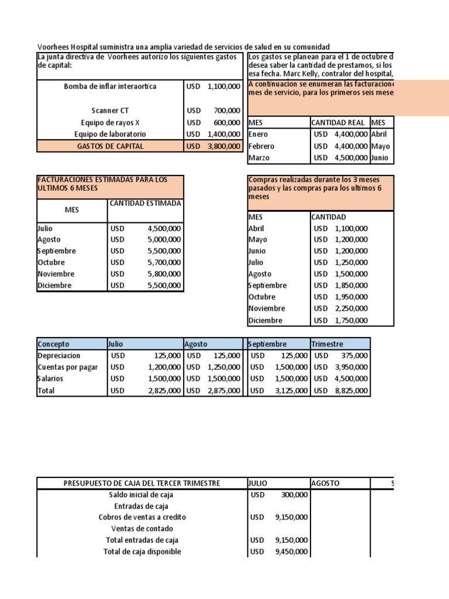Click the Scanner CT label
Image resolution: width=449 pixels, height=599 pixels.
tap(110, 111)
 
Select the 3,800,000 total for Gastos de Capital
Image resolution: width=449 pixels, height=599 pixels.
tap(223, 146)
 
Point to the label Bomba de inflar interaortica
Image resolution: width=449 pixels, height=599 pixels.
tap(110, 87)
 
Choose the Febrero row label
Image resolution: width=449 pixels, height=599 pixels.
tap(261, 146)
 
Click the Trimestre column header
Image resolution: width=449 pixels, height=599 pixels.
tap(327, 344)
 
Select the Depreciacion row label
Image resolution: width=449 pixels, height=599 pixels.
tap(59, 356)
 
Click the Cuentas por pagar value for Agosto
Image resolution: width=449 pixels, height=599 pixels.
tap(223, 367)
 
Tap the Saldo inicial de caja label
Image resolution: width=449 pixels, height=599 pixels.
tap(141, 495)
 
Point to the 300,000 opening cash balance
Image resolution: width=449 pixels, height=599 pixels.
tap(292, 495)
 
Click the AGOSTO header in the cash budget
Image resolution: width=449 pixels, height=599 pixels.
tap(325, 483)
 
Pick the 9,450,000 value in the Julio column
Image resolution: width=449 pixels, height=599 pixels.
tap(292, 552)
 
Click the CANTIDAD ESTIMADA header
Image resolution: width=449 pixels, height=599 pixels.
tap(145, 203)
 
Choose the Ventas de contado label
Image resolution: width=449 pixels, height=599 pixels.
tap(141, 529)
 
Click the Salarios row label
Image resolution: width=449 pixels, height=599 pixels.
tap(50, 378)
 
